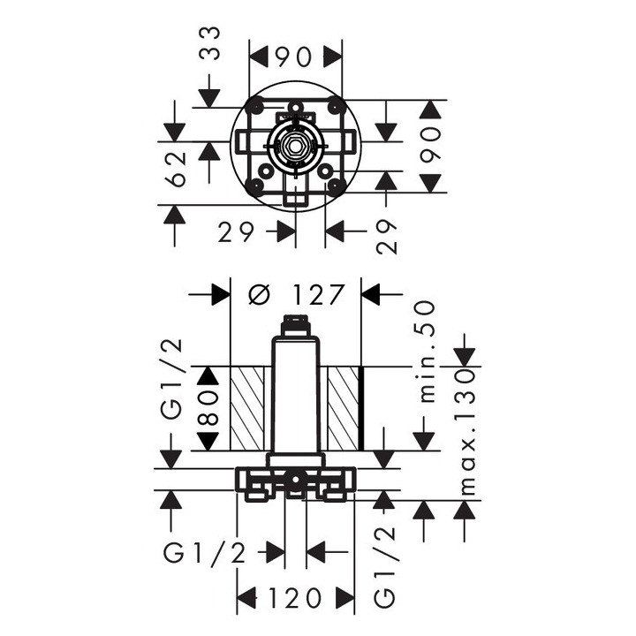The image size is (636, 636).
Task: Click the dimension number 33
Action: point(210,44)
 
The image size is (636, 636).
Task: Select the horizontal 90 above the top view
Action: point(296,57)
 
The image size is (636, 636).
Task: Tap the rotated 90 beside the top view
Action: point(429,146)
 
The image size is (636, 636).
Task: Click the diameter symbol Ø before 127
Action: point(259,295)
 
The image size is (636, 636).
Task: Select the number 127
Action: point(318,295)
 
